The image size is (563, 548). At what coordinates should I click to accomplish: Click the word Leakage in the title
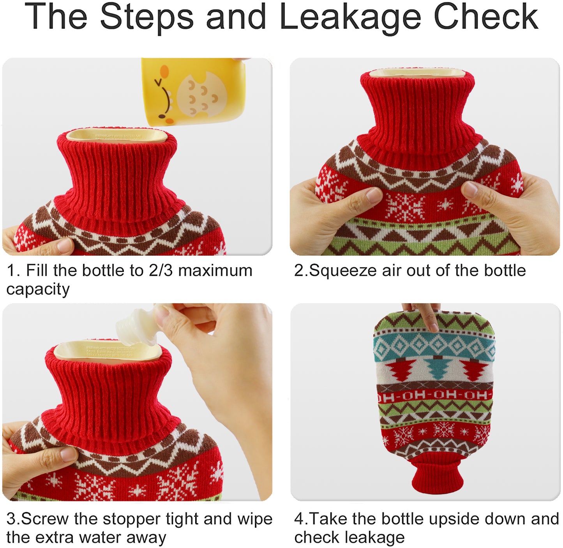coord(350,18)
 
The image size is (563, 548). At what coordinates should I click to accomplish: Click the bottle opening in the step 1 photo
coord(117,135)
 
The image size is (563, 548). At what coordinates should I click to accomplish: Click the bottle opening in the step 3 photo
coord(107,351)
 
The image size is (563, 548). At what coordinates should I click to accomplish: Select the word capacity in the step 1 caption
coord(38,290)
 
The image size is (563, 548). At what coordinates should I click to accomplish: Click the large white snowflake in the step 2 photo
coord(405,206)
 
